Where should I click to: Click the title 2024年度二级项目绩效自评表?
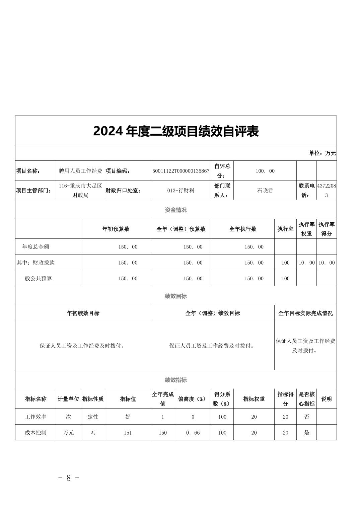click(x=176, y=131)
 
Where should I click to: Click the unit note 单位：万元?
click(x=322, y=153)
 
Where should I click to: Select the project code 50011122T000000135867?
click(x=181, y=171)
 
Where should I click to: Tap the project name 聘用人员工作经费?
click(x=80, y=171)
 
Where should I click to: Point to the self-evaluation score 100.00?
click(x=265, y=171)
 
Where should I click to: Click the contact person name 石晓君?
click(x=265, y=190)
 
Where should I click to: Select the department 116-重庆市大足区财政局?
click(x=80, y=190)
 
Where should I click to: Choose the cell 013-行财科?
click(x=181, y=190)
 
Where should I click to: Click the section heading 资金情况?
click(x=176, y=210)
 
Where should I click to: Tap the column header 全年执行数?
click(x=242, y=229)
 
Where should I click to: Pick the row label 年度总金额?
click(x=35, y=247)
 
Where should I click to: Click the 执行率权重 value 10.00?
click(x=306, y=263)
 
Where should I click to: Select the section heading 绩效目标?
click(x=176, y=296)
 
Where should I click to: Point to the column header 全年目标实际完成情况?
click(x=305, y=313)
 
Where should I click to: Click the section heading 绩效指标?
click(x=176, y=380)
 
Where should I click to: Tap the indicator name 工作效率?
click(x=35, y=417)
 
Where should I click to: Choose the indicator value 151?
click(x=128, y=433)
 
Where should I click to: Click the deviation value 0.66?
click(x=193, y=433)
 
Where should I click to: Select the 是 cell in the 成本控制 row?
click(x=306, y=433)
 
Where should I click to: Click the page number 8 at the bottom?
click(x=69, y=478)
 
